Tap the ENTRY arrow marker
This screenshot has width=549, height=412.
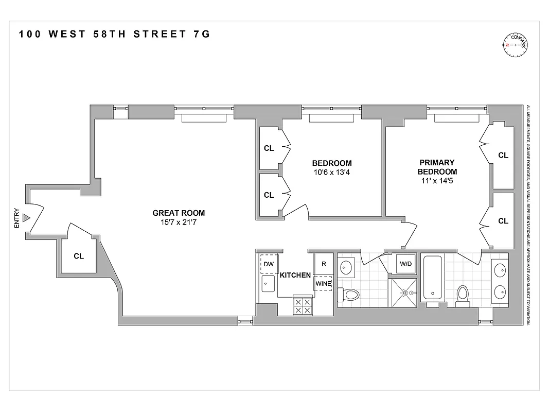coord(27,218)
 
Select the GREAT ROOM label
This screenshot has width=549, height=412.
coord(179,213)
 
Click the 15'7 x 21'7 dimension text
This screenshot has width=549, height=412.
coord(179,222)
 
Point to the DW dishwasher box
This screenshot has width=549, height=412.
coord(269,264)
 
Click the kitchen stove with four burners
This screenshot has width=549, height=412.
coord(302,306)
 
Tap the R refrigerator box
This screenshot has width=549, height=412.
coord(324,264)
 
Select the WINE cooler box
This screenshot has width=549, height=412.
coord(323,283)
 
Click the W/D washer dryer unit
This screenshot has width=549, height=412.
coord(405,264)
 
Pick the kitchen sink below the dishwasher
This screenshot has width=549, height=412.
coord(268,283)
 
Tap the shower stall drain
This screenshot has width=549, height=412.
coord(404,293)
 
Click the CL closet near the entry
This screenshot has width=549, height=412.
coord(78,256)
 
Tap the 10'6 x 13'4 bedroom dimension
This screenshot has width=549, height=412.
coord(331,173)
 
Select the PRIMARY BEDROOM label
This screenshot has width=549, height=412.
coord(437,167)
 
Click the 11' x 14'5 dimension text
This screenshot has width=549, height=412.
coord(437,181)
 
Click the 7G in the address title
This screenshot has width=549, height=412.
coord(201,35)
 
